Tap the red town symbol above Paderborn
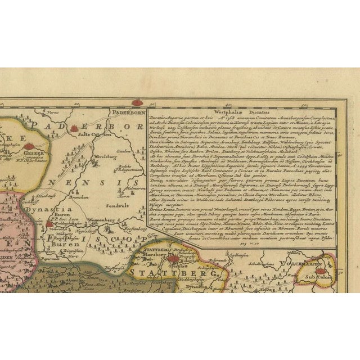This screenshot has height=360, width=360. coord(137,103)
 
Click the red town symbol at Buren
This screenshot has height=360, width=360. coord(49,224)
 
